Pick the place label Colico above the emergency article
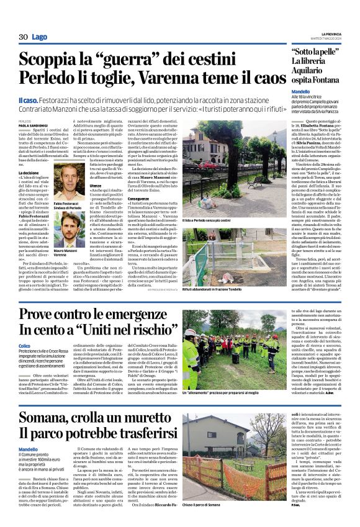(x=25, y=346)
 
